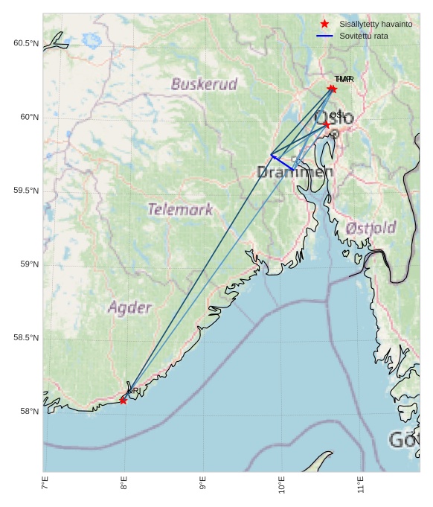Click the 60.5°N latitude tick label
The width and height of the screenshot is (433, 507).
coord(25,43)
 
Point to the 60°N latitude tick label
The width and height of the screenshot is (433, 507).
coord(28,117)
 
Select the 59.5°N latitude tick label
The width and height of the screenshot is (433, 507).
coord(25,191)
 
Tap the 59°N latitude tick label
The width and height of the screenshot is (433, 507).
coord(28,264)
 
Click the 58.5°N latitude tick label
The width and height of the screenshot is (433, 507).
coord(25,338)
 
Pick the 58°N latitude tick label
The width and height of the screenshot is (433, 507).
coord(28,412)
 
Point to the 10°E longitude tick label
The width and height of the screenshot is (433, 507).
coord(282,487)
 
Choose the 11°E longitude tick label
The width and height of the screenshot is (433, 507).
coord(361,487)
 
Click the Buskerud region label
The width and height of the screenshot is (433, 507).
coord(204,84)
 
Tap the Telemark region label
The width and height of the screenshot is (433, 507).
coord(180,209)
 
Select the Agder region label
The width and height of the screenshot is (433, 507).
coord(129,307)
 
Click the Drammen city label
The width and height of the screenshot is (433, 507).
coord(295,173)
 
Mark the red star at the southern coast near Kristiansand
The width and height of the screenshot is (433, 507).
coord(123,401)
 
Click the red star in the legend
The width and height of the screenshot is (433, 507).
coord(324,24)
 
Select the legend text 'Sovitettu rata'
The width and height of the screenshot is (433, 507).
coord(364,36)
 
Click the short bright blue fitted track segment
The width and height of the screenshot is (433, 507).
coord(282,162)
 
